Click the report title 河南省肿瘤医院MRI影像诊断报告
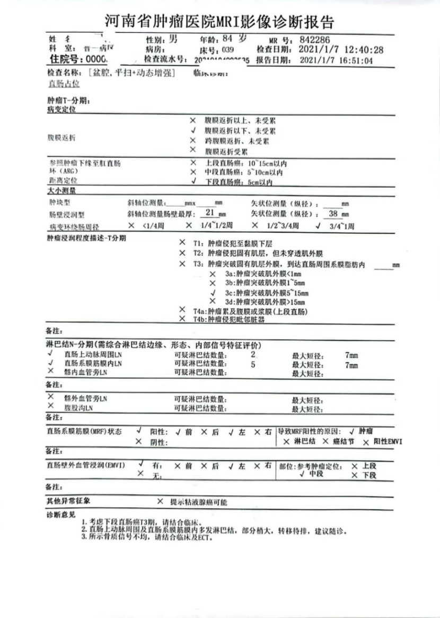[219, 21]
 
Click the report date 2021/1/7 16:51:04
[336, 60]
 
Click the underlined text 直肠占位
[64, 84]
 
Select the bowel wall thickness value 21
[209, 214]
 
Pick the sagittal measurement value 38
[333, 214]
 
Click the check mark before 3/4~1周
[318, 226]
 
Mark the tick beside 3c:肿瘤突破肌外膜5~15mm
[213, 292]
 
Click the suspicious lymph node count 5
[253, 364]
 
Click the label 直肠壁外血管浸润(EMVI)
[85, 465]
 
